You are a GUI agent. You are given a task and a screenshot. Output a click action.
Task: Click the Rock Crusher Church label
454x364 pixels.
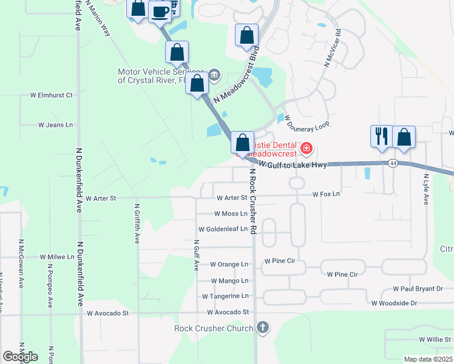tap(214, 329)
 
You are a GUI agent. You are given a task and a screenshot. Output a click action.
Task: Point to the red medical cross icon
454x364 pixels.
tap(307, 147)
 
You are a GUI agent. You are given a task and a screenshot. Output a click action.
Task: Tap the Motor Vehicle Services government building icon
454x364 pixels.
tap(214, 75)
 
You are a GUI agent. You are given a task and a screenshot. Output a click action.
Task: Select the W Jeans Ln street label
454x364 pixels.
tap(55, 125)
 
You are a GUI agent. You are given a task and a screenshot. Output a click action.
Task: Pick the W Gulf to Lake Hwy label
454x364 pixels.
tap(293, 164)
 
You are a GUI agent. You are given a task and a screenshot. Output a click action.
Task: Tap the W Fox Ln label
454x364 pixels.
tap(326, 194)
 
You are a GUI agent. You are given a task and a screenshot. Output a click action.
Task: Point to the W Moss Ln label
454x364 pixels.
tap(231, 214)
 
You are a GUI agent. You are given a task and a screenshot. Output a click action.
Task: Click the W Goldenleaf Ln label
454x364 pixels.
tap(223, 229)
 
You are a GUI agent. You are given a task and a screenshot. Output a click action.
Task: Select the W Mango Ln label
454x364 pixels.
tap(229, 281)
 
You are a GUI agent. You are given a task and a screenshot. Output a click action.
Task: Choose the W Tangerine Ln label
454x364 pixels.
tap(225, 296)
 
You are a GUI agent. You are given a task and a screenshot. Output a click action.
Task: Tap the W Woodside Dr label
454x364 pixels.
tap(395, 303)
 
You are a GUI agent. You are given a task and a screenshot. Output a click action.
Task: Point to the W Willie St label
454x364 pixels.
tap(435, 340)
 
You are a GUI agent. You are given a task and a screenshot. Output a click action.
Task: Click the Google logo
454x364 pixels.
tap(20, 357)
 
